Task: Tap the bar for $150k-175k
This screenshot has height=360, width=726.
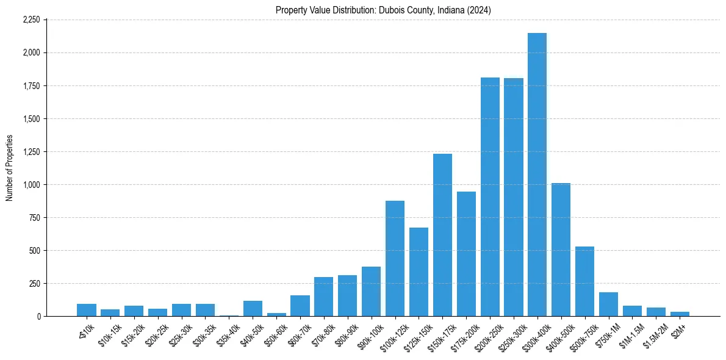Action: pyautogui.click(x=442, y=235)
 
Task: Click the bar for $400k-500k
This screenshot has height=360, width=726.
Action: pyautogui.click(x=561, y=250)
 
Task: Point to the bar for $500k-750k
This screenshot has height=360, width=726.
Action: pyautogui.click(x=584, y=281)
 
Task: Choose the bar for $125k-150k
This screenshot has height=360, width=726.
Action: pyautogui.click(x=419, y=272)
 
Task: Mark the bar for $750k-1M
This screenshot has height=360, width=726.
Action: pyautogui.click(x=608, y=304)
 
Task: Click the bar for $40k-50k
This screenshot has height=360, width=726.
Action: pyautogui.click(x=253, y=308)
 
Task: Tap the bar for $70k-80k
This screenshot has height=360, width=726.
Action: pyautogui.click(x=323, y=297)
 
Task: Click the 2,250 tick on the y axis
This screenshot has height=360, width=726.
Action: pyautogui.click(x=31, y=20)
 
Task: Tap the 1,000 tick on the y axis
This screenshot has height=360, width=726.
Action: pyautogui.click(x=31, y=184)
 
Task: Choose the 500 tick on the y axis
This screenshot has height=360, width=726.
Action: pyautogui.click(x=34, y=250)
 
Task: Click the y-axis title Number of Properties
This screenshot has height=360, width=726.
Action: pyautogui.click(x=9, y=168)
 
